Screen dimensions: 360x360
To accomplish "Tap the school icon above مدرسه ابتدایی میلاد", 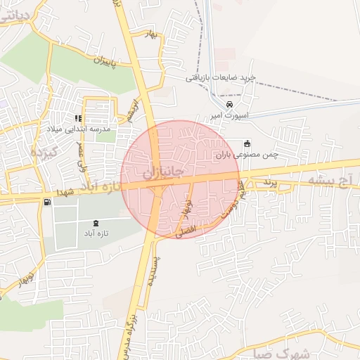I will tap(78, 118).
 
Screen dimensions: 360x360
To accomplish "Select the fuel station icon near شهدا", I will tap(46, 202).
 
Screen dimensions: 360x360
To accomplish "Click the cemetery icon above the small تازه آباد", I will tap(106, 223).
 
